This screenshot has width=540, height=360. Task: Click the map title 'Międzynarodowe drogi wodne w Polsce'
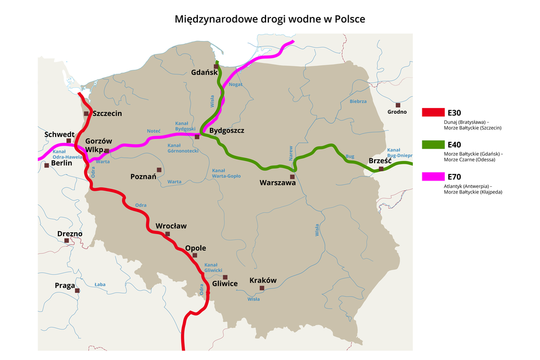(270, 19)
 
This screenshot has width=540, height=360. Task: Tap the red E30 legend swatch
(433, 112)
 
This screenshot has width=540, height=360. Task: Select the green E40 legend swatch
(433, 145)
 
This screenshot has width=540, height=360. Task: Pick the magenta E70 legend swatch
(433, 177)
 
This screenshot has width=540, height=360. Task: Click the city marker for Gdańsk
(215, 66)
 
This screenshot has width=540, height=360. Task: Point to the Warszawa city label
(277, 182)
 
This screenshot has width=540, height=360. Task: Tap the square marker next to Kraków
(262, 288)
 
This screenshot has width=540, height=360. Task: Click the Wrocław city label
(171, 226)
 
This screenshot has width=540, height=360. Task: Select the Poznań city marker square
(159, 169)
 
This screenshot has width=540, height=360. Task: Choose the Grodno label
(397, 111)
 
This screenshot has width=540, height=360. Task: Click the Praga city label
(65, 285)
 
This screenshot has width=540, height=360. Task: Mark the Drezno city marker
(67, 241)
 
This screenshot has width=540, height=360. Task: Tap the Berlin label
(61, 164)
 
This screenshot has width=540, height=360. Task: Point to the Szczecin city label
(107, 113)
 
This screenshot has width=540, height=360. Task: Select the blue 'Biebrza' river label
(358, 102)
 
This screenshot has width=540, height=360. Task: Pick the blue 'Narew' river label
(291, 154)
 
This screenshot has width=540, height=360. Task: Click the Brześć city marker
(381, 169)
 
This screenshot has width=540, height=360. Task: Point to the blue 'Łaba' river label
(100, 284)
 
